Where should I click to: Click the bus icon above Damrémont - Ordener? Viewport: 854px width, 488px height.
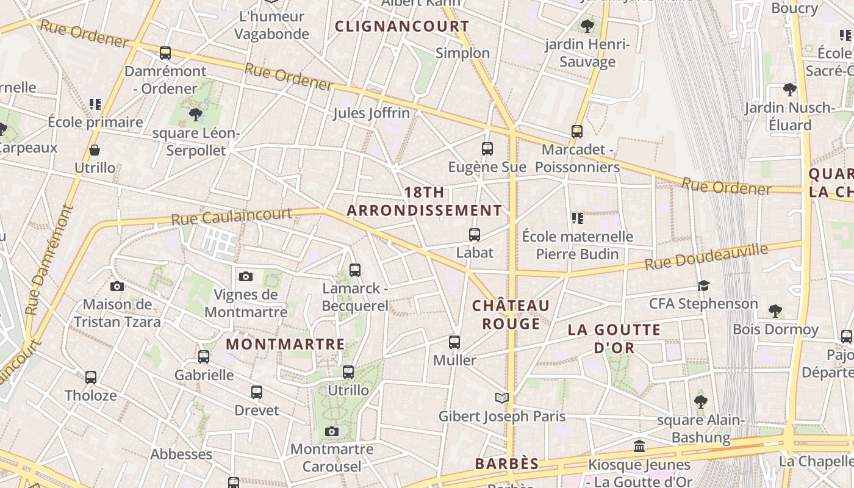click(x=165, y=53)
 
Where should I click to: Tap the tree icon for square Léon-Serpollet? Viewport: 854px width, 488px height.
click(x=195, y=114)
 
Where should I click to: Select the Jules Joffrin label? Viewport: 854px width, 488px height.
click(x=371, y=113)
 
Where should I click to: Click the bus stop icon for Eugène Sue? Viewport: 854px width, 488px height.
click(x=487, y=148)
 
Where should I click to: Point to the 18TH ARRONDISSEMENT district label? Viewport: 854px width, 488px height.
click(x=425, y=201)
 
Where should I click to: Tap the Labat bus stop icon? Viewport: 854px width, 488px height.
click(x=474, y=234)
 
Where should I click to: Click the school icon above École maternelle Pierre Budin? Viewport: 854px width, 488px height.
click(x=577, y=218)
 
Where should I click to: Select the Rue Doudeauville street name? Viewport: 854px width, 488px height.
click(x=706, y=256)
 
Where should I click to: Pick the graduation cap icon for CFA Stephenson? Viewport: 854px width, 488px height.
click(x=704, y=285)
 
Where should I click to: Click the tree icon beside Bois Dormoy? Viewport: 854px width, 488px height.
click(x=775, y=311)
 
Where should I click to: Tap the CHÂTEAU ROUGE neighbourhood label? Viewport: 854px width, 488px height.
click(x=511, y=314)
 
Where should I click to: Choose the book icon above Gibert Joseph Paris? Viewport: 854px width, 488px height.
click(x=501, y=398)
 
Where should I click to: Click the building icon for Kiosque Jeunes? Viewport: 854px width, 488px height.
click(x=639, y=447)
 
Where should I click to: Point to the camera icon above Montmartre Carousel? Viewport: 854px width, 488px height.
click(x=331, y=432)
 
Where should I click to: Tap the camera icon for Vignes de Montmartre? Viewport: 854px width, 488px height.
click(x=245, y=277)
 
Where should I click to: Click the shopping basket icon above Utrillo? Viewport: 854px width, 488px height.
click(x=95, y=150)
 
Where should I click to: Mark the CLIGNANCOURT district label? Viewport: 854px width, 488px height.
click(x=402, y=26)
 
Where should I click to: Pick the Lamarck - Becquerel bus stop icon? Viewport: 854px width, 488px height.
click(x=354, y=270)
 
